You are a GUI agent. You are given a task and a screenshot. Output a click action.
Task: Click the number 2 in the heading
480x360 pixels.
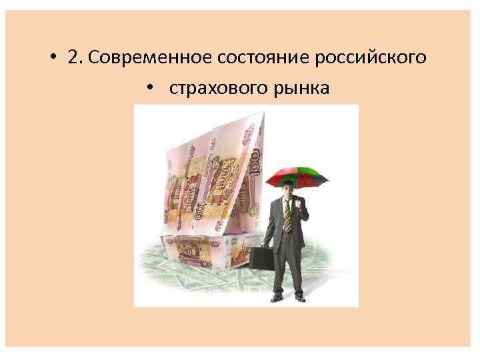click(x=71, y=58)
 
